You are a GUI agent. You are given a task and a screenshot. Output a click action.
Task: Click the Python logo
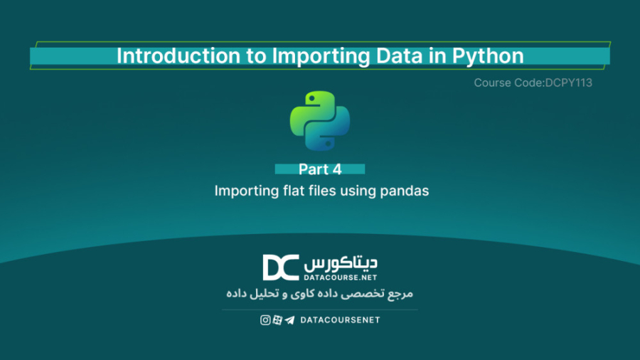point(320,120)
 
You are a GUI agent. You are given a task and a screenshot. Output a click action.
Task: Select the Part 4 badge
point(320,169)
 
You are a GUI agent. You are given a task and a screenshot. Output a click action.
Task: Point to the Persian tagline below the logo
point(320,293)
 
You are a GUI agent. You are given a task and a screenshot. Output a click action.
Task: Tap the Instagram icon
point(265,320)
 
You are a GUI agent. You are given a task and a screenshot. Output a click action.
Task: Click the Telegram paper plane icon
point(289,320)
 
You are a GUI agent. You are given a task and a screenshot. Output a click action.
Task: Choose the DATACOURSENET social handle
point(340,320)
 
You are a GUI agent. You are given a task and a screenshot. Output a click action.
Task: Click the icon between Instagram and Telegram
point(277,320)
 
